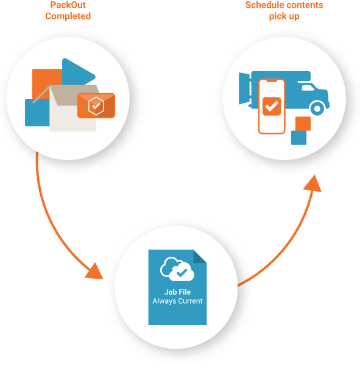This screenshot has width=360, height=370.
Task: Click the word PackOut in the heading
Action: (68, 5)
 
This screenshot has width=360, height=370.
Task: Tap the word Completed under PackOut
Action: (68, 16)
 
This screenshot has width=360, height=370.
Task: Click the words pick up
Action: (284, 16)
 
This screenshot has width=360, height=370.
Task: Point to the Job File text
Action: (177, 292)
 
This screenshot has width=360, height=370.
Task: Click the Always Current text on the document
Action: (177, 301)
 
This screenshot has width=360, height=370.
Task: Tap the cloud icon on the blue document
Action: (177, 269)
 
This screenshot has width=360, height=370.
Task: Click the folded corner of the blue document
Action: (200, 256)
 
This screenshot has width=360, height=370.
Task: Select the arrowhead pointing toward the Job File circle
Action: (94, 271)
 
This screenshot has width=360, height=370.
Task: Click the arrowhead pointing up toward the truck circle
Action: (312, 184)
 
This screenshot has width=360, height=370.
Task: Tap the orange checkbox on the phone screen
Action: (272, 106)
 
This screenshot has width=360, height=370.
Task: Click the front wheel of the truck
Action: (317, 108)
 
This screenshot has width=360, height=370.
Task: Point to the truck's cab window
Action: (308, 88)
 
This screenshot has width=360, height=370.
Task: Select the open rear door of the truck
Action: (244, 88)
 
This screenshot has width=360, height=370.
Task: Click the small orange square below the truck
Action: (303, 124)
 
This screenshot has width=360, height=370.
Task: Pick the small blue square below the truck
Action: (298, 138)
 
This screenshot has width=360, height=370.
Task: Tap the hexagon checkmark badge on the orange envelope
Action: (96, 106)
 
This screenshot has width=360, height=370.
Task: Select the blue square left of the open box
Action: (37, 113)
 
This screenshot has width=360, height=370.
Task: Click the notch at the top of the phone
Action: (272, 81)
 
